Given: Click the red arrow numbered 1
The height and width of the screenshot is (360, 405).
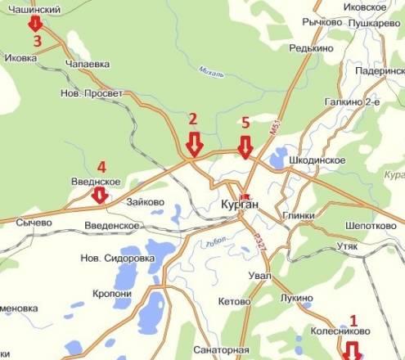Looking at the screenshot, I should (x=353, y=350).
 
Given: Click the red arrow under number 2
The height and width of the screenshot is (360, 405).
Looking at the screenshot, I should (x=194, y=145).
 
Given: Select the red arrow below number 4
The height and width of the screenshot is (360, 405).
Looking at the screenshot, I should (x=99, y=195).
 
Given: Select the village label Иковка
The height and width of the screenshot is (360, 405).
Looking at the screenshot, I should (x=21, y=59).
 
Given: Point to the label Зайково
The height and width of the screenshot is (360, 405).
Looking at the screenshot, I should (x=144, y=200).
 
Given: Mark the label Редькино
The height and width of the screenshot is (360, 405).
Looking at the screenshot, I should (x=309, y=49).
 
